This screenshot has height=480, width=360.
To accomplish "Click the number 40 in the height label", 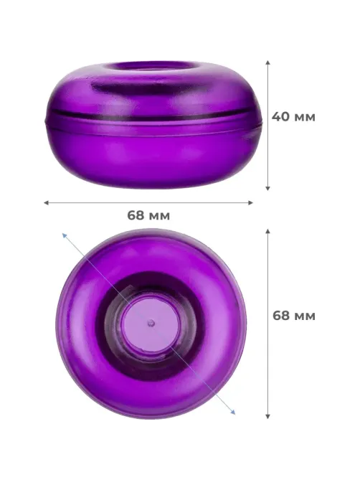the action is tap(280, 117).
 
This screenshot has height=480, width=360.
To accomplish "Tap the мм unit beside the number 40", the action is tap(304, 118).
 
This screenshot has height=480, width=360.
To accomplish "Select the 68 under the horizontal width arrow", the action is tap(136, 215).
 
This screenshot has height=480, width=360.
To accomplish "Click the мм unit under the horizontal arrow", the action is tap(158, 217).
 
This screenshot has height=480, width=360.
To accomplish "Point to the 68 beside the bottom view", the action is tap(281, 315).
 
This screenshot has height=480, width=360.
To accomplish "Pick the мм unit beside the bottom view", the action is tap(304, 316).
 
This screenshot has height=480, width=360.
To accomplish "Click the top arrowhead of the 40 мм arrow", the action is tap(267, 62).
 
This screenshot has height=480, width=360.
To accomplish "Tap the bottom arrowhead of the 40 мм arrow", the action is tap(267, 189).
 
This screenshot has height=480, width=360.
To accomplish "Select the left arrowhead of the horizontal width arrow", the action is tap(46, 202).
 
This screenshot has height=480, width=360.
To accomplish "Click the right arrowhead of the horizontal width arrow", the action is tap(251, 202).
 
